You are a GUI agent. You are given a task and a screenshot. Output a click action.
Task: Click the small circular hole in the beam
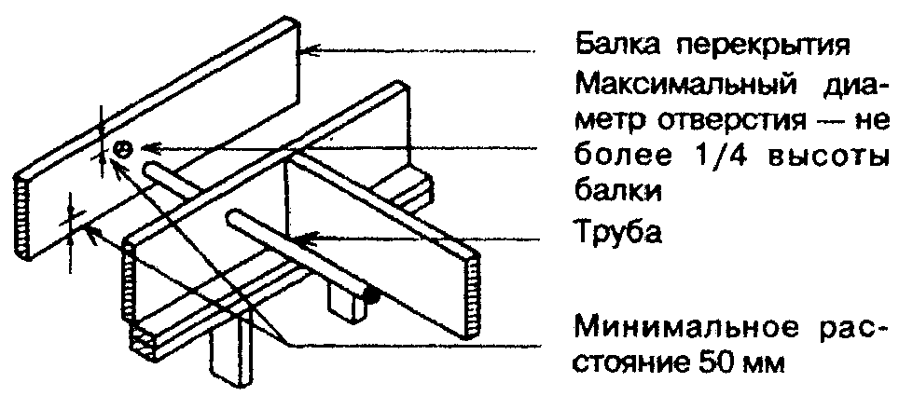pos(122,148)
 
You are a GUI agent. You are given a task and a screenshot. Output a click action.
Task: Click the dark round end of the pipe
pos(369,297)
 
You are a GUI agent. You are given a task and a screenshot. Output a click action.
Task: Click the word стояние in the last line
pos(634,363)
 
